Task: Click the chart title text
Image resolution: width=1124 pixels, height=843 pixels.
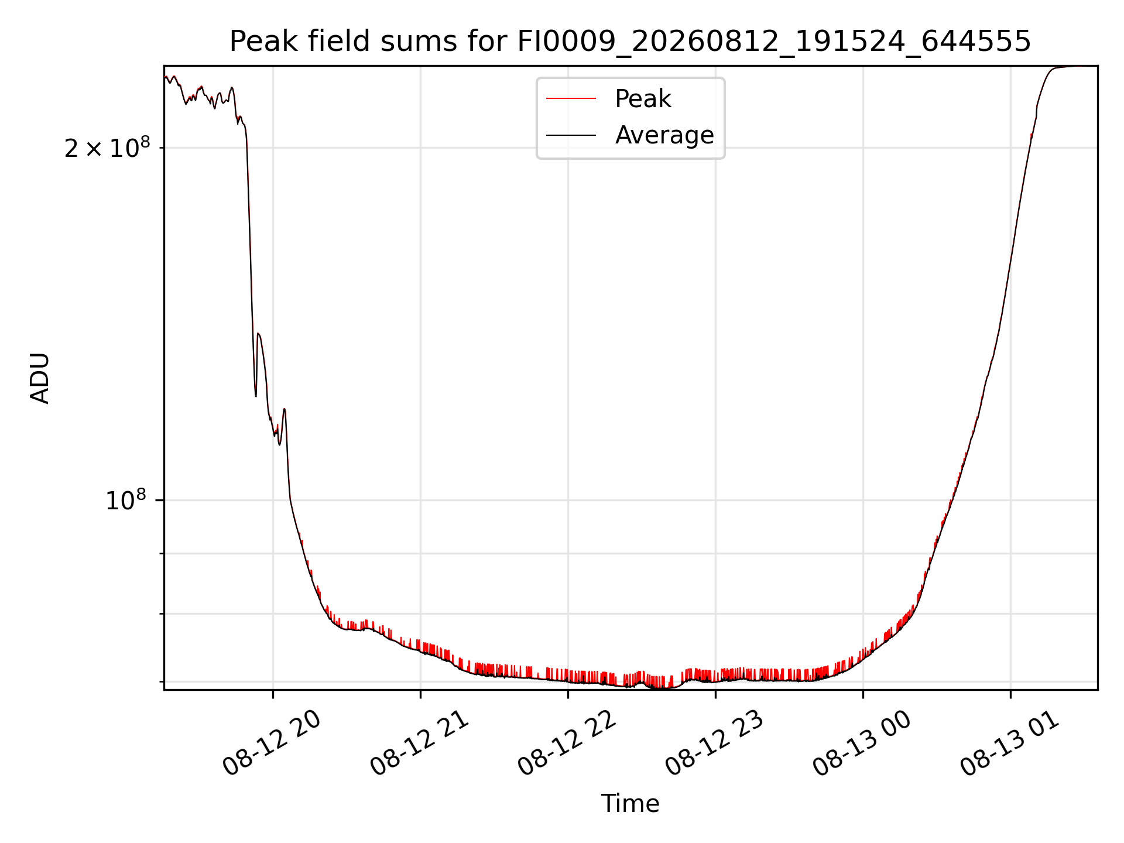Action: [630, 42]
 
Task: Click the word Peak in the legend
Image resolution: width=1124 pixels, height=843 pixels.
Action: [643, 99]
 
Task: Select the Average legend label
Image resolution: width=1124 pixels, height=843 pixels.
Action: [664, 135]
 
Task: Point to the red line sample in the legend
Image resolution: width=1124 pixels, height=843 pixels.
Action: [571, 99]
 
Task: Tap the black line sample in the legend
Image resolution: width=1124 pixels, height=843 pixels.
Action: [571, 135]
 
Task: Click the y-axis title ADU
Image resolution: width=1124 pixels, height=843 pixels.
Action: [40, 378]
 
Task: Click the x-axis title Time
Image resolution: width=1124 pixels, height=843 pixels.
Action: [630, 804]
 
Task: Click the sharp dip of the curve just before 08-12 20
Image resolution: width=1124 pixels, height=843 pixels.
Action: [256, 396]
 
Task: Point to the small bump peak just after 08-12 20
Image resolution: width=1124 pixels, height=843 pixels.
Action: [285, 409]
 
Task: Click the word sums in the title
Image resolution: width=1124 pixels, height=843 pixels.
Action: [420, 42]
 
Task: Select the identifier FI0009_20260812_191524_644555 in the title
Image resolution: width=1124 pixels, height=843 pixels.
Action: [773, 42]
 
